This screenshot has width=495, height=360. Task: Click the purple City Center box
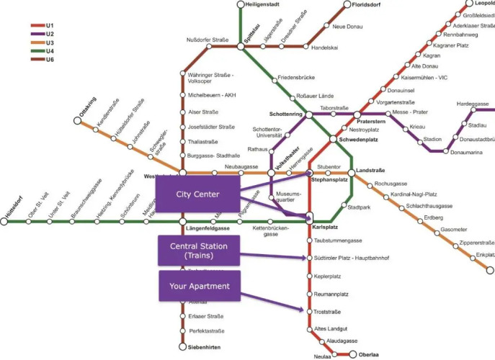197,194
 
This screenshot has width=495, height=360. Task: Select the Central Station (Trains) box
197,251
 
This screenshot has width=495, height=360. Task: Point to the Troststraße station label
327,312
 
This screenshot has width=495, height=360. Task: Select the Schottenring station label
286,114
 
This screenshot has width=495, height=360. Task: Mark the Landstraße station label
371,171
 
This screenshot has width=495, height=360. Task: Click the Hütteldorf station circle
4,222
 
